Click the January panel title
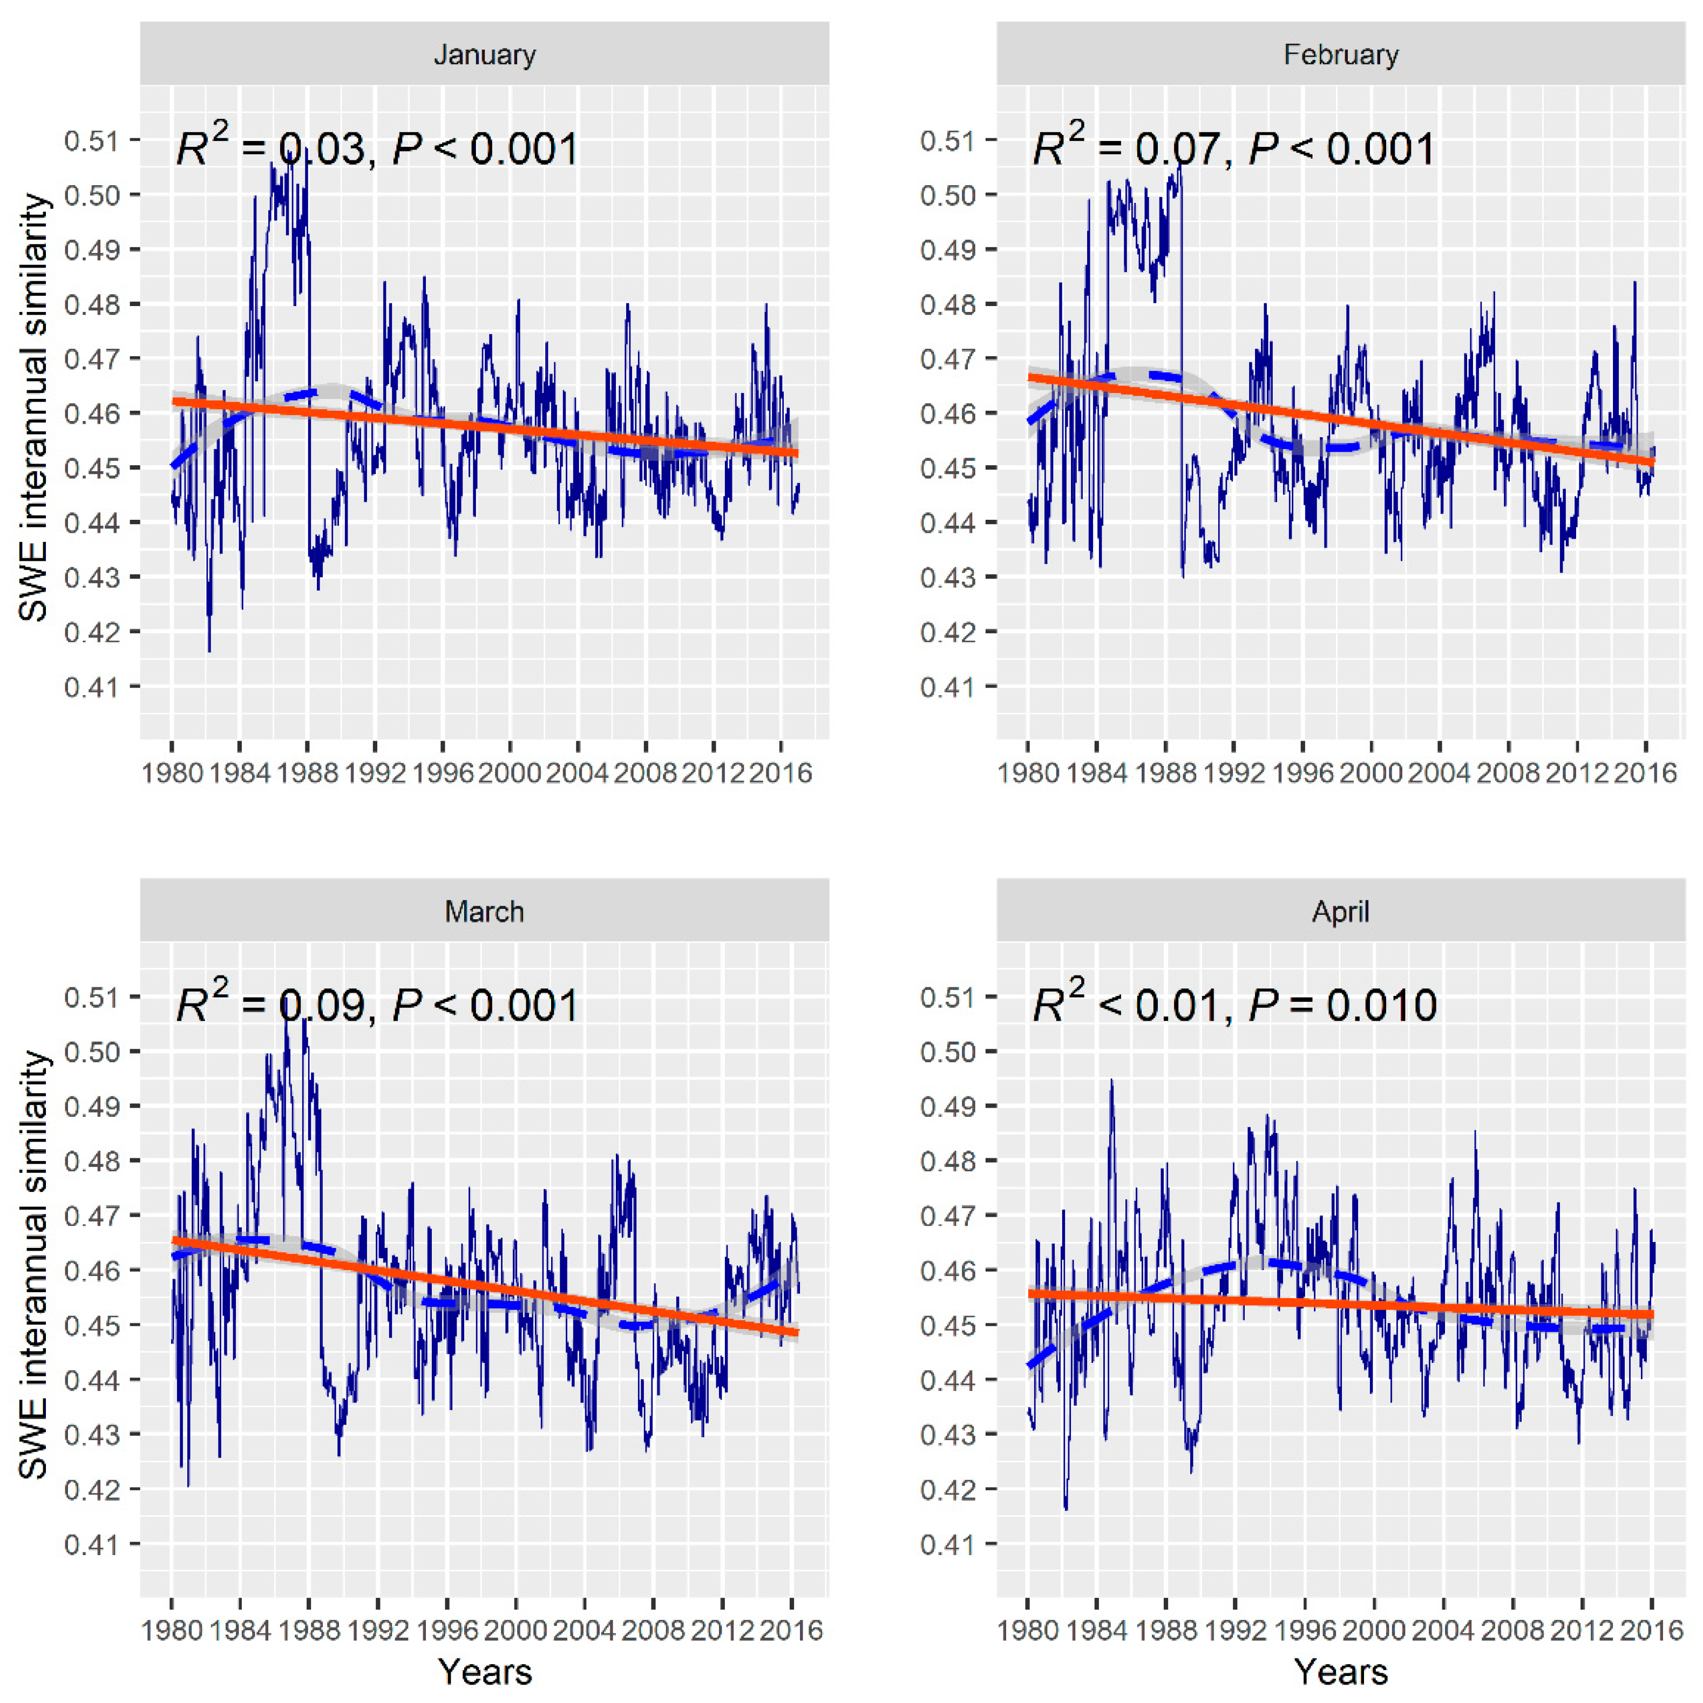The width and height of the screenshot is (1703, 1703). pyautogui.click(x=484, y=55)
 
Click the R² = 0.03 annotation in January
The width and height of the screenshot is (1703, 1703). pyautogui.click(x=269, y=147)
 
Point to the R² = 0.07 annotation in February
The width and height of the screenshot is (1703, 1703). pyautogui.click(x=1125, y=147)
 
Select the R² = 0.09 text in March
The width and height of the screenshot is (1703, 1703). pyautogui.click(x=269, y=1004)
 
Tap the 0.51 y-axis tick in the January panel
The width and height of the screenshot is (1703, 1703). pyautogui.click(x=91, y=140)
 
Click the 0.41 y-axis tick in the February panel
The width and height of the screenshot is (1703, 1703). pyautogui.click(x=947, y=686)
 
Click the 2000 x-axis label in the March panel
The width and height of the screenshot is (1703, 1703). pyautogui.click(x=515, y=1630)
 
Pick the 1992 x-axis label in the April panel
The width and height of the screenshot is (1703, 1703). pyautogui.click(x=1236, y=1630)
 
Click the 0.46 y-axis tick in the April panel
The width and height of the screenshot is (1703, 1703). pyautogui.click(x=947, y=1270)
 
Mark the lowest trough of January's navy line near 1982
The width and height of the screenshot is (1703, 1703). pyautogui.click(x=209, y=650)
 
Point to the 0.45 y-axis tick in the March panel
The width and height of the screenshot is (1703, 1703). pyautogui.click(x=91, y=1325)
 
